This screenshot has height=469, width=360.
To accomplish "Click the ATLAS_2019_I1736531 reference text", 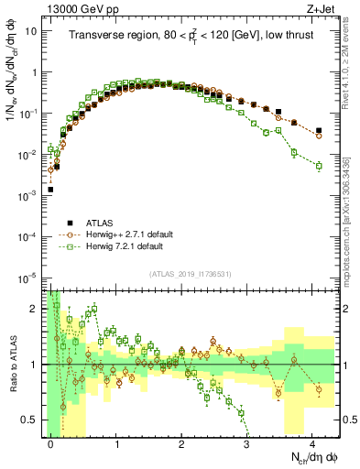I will [190, 273].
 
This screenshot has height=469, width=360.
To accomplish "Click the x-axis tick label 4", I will [312, 442].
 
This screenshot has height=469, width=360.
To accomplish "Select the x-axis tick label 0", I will [51, 442].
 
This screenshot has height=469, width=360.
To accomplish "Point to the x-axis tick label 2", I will [182, 442].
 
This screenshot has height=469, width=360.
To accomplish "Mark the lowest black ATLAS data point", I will [50, 190].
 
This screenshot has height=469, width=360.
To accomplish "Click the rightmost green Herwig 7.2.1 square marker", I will [319, 166].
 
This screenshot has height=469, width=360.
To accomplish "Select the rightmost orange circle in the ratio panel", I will [319, 389].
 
